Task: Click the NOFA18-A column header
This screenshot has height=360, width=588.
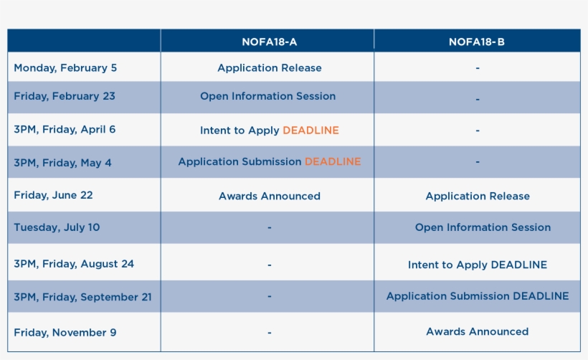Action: (269, 42)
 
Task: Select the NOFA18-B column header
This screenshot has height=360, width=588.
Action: (477, 42)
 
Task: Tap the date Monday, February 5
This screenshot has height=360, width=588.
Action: (65, 68)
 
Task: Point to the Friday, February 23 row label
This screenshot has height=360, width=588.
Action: (65, 96)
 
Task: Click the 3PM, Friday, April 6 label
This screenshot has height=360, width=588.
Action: (65, 130)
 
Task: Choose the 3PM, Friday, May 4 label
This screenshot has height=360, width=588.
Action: (62, 163)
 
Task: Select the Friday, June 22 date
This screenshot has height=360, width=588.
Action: (53, 195)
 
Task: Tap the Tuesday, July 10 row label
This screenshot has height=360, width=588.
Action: (57, 227)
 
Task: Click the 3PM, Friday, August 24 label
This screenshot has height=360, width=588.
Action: (74, 264)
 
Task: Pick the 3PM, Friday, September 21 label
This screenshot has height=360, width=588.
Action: (83, 297)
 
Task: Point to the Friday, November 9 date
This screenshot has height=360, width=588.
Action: (65, 333)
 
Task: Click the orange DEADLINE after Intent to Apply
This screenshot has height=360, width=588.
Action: (311, 130)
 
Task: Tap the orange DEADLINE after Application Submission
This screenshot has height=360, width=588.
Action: (333, 161)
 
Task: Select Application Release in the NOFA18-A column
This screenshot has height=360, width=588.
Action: (270, 68)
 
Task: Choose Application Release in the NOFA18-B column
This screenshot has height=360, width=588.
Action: (478, 196)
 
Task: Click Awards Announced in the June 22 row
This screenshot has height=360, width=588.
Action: (270, 196)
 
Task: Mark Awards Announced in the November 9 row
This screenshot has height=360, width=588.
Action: (478, 331)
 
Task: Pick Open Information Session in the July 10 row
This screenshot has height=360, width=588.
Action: (483, 227)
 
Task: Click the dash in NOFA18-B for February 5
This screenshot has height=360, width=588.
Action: (478, 68)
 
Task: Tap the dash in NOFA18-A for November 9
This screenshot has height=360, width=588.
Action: (269, 333)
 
